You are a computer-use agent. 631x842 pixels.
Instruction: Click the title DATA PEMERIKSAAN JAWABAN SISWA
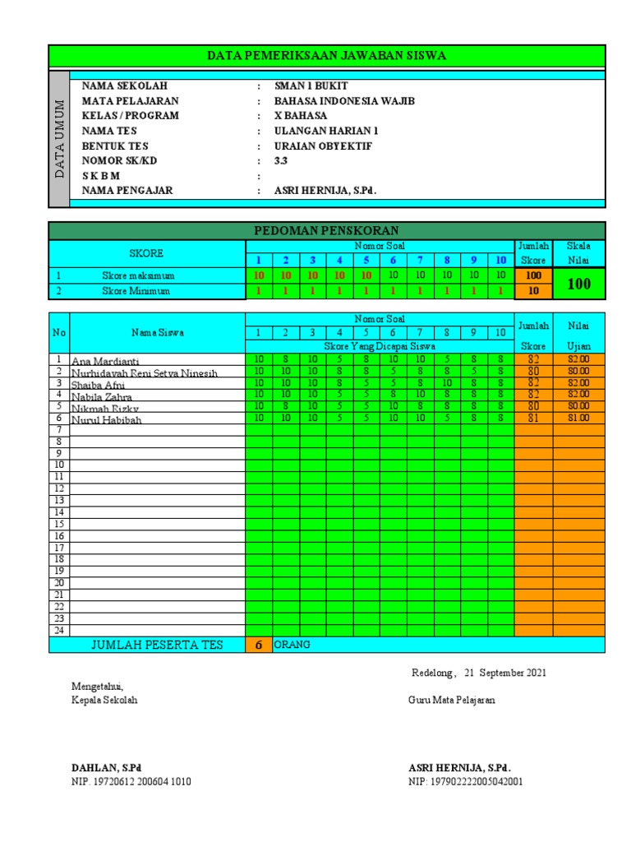(x=326, y=56)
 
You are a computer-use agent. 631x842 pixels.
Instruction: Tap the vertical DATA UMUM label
(x=59, y=138)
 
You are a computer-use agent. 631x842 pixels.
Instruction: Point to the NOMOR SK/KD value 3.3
(x=281, y=161)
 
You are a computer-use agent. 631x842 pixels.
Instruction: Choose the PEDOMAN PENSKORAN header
(x=326, y=230)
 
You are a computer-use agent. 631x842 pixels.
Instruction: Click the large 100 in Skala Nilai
(x=578, y=284)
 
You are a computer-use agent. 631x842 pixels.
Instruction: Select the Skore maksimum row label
(x=138, y=275)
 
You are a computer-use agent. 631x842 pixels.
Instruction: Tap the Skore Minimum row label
(x=136, y=291)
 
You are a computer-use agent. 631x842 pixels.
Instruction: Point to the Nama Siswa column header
(x=157, y=332)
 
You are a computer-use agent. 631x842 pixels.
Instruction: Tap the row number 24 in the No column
(x=59, y=630)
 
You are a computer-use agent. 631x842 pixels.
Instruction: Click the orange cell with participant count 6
(x=257, y=645)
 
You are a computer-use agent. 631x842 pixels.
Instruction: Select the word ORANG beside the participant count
(x=292, y=645)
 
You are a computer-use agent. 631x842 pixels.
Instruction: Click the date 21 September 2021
(x=506, y=673)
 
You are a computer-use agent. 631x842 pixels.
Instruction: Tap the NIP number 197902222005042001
(x=465, y=782)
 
